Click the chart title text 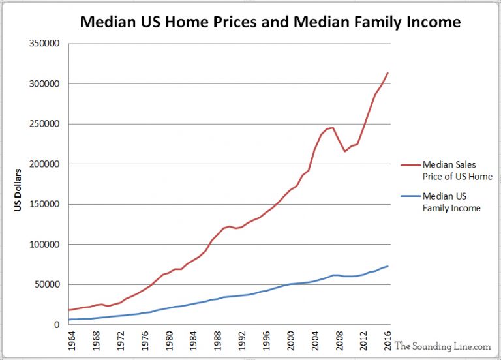[270, 22]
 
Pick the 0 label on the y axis [57, 325]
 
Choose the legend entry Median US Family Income [451, 202]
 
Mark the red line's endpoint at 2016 [389, 72]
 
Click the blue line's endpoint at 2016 [389, 266]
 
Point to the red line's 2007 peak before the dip [333, 127]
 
